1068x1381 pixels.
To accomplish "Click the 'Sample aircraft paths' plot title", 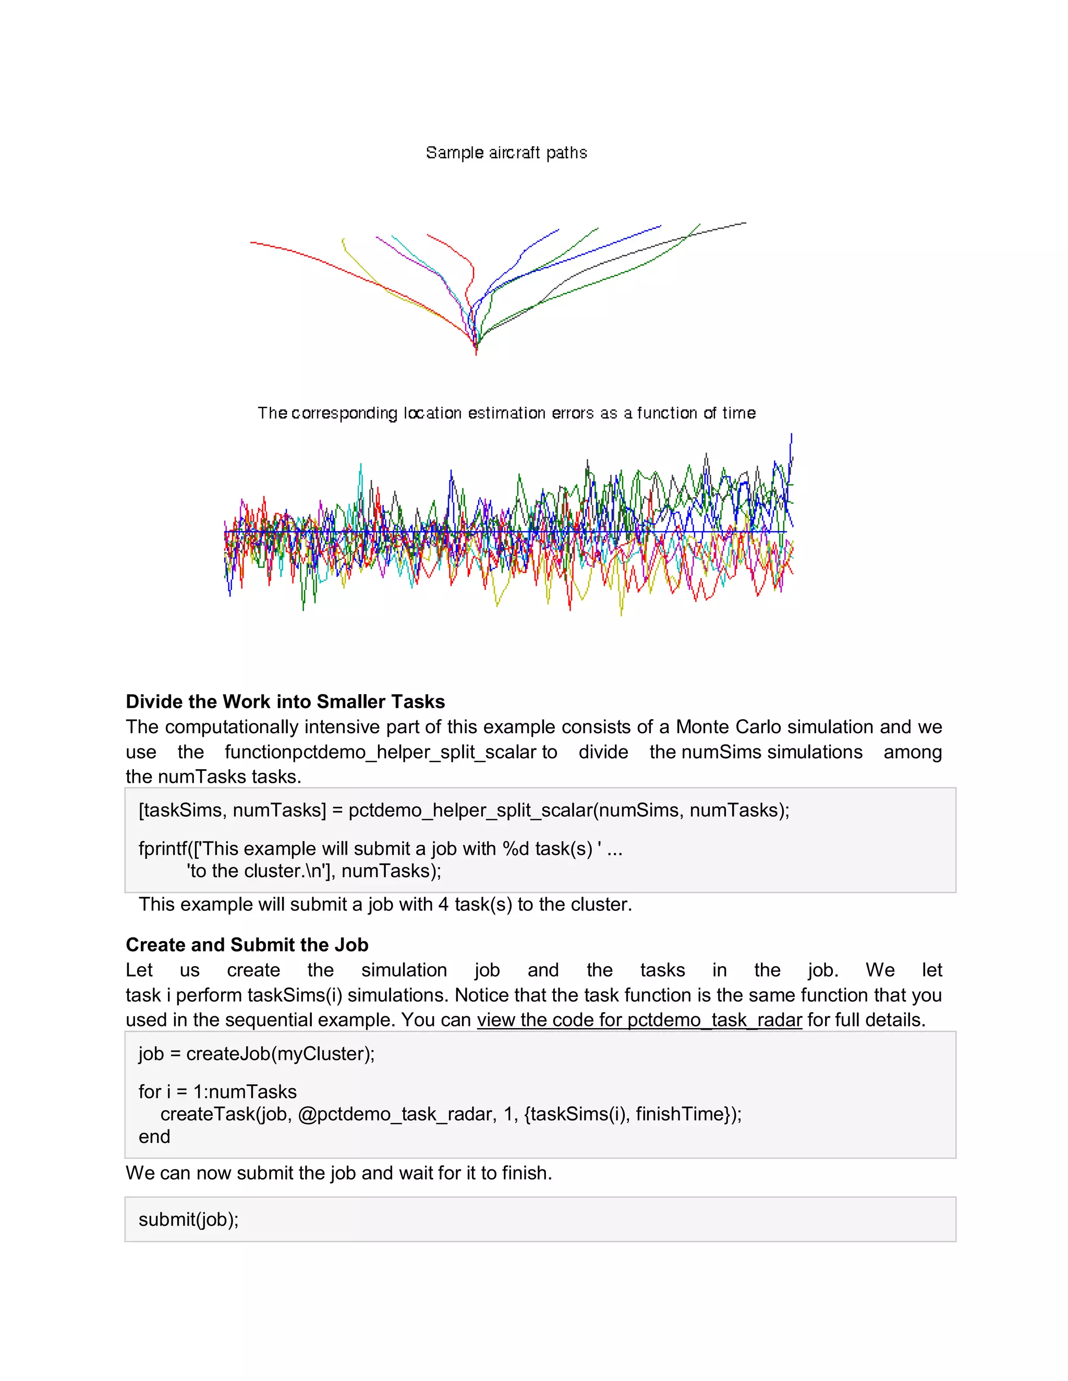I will click(506, 153).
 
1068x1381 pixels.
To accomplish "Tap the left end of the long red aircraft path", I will click(252, 242).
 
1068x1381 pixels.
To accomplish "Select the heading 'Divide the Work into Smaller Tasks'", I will click(285, 701).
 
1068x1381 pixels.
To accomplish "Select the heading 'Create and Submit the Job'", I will click(247, 945).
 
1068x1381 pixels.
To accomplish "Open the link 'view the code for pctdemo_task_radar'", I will click(639, 1020).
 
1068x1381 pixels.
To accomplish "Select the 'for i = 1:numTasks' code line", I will click(217, 1091).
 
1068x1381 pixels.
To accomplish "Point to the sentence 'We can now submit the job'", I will click(338, 1173).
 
